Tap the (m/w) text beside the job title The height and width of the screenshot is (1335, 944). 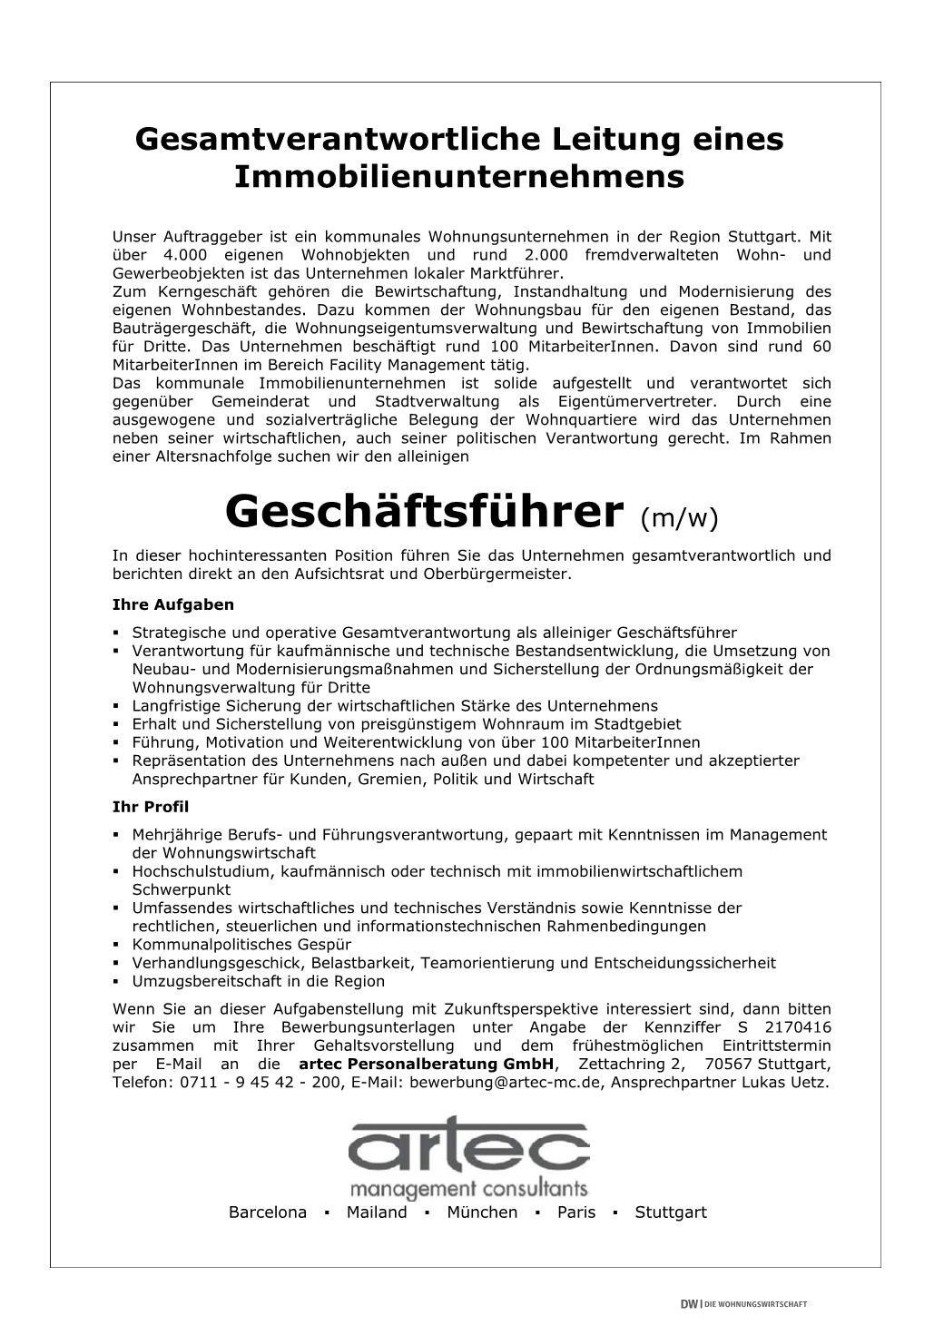point(679,517)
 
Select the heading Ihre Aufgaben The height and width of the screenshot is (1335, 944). point(172,604)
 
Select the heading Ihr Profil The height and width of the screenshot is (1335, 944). point(151,806)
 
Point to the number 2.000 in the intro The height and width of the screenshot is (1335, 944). point(546,256)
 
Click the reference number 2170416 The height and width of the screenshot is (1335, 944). point(797,1027)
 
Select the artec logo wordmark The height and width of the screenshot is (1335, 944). point(468,1147)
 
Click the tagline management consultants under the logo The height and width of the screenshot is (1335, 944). point(468,1188)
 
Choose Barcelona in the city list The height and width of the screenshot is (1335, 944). point(268,1212)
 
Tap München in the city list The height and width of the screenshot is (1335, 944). point(482,1212)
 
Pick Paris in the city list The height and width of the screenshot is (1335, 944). point(576,1212)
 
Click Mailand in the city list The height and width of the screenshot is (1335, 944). point(377,1212)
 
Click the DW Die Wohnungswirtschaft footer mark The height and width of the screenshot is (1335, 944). point(743,1304)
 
